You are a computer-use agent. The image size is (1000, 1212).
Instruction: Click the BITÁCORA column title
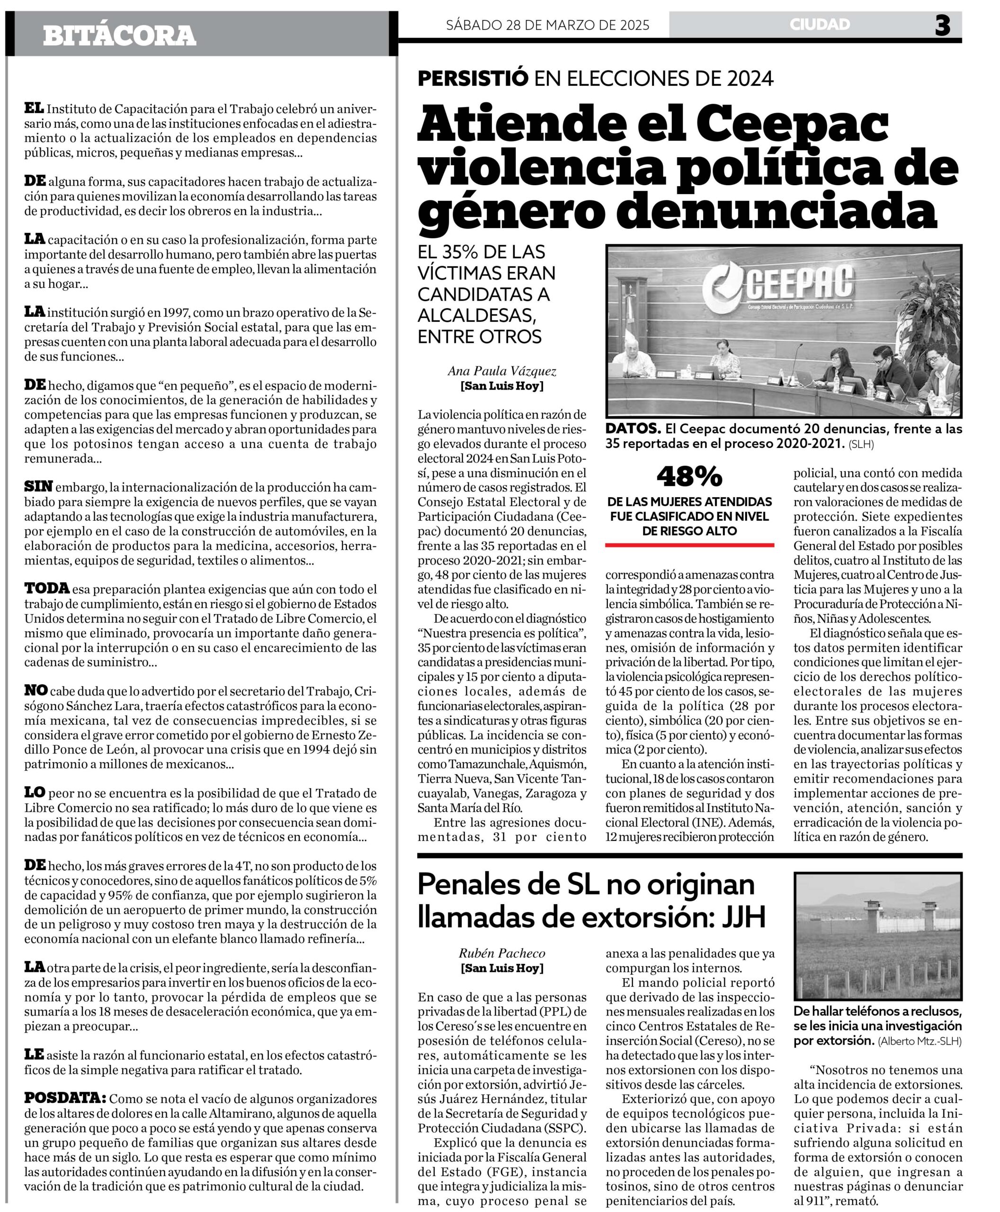(x=119, y=36)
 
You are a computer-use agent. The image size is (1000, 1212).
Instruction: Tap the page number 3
(x=942, y=26)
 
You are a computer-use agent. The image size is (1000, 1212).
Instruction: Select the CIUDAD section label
(x=820, y=24)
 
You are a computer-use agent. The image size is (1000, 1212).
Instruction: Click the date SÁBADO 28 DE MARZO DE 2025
(x=547, y=25)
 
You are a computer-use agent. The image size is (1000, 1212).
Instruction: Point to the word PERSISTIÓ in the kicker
(x=473, y=78)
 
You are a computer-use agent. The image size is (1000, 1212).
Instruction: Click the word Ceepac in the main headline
(x=795, y=123)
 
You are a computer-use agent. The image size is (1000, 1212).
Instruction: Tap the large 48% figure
(x=689, y=476)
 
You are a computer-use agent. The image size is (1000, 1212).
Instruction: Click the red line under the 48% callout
(x=689, y=544)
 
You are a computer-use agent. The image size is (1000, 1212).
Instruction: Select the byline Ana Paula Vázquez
(x=502, y=372)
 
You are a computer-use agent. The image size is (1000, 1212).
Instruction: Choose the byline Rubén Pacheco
(x=502, y=954)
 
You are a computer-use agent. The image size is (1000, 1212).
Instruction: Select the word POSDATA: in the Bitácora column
(x=65, y=1097)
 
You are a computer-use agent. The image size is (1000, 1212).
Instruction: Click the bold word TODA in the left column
(x=47, y=588)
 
